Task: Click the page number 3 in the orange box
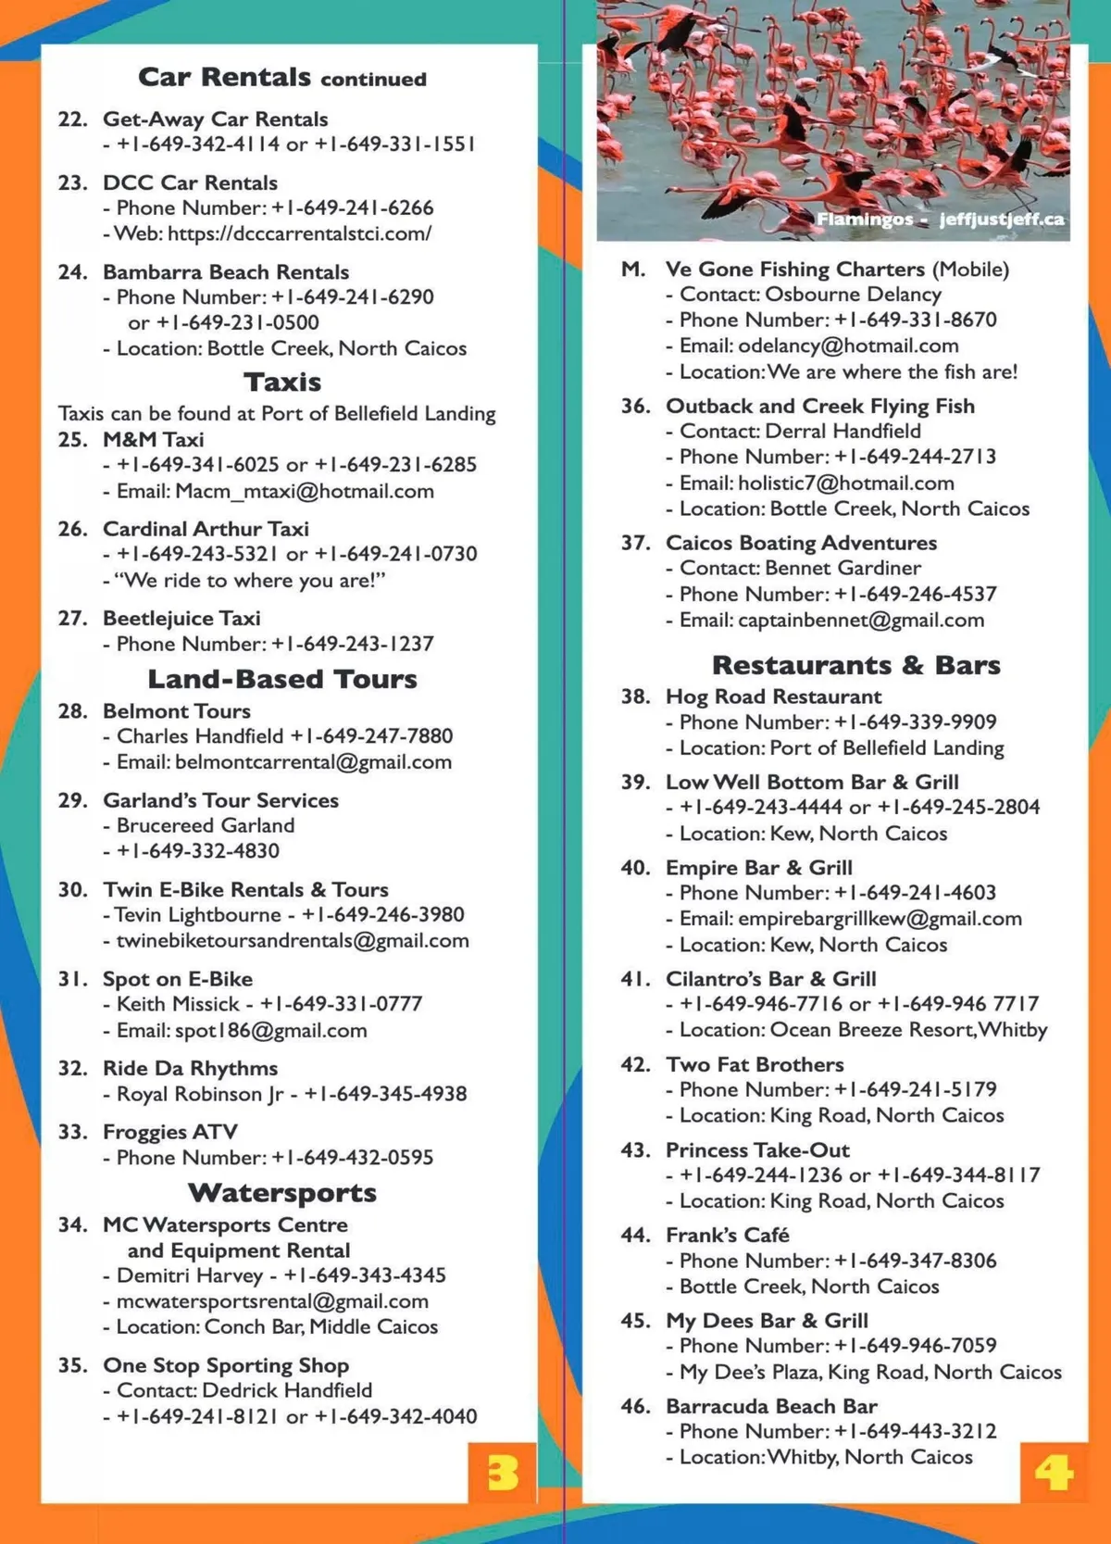[x=502, y=1472]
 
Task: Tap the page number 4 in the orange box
[x=1054, y=1472]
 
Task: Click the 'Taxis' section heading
[x=282, y=382]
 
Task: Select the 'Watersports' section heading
[x=282, y=1192]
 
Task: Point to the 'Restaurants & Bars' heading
[x=855, y=665]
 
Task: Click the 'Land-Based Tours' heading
[x=282, y=679]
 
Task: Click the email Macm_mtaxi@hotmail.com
[x=305, y=491]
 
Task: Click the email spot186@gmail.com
[x=270, y=1030]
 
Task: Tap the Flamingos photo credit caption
[x=940, y=220]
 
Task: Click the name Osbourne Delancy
[x=853, y=294]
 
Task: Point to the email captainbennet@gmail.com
[x=860, y=620]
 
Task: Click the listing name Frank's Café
[x=727, y=1235]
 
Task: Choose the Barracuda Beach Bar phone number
[x=915, y=1431]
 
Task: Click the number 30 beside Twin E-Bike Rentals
[x=72, y=889]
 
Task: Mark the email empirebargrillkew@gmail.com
[x=880, y=919]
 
